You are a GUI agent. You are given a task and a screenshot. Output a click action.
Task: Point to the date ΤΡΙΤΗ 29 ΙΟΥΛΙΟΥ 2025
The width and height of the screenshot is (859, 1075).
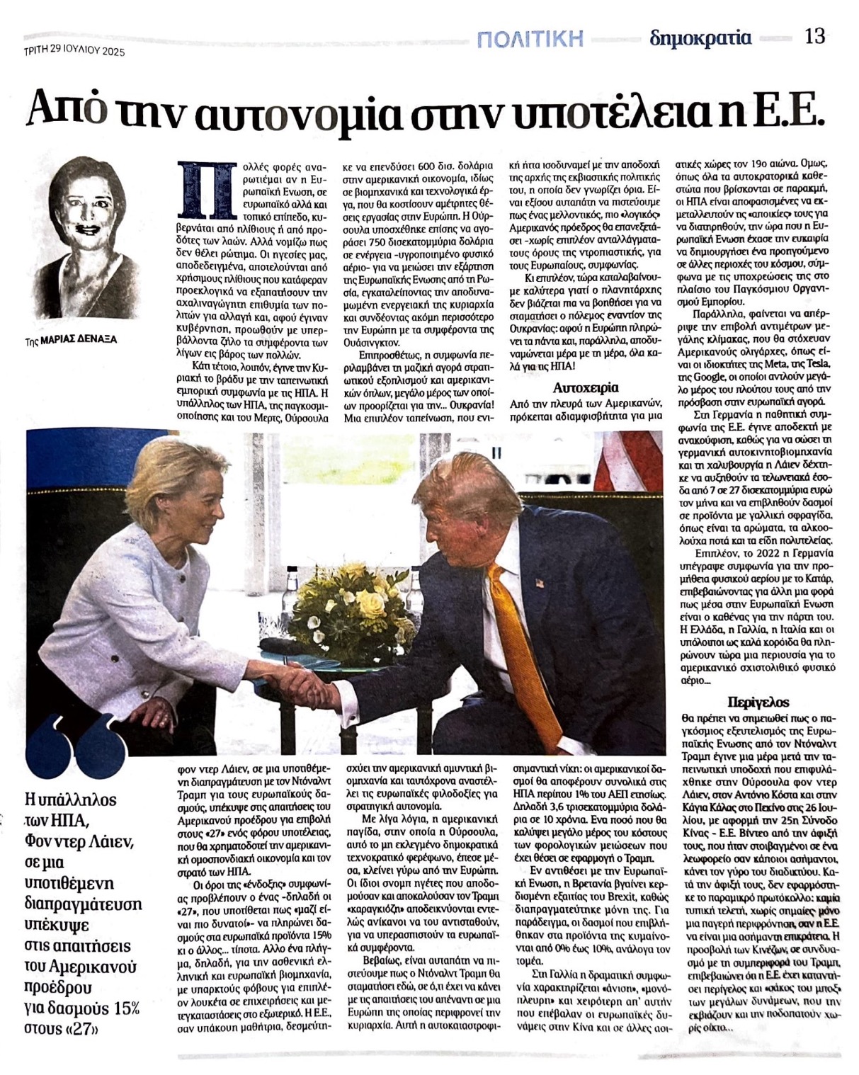point(74,50)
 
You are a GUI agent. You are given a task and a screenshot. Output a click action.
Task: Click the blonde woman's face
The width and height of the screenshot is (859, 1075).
point(190,504)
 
